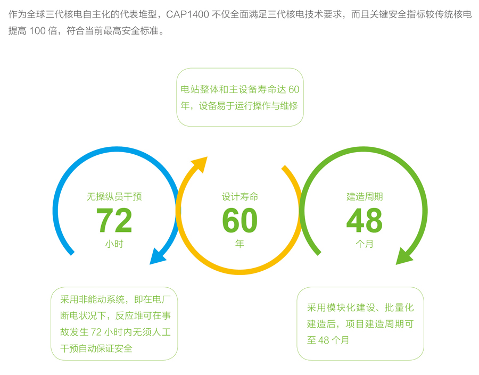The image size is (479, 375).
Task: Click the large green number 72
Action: click(x=114, y=220)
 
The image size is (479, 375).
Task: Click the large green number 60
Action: click(x=240, y=220)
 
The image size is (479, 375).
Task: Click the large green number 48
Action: click(x=365, y=220)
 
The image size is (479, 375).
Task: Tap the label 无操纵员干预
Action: click(x=114, y=197)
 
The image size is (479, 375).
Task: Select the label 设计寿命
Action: click(x=240, y=197)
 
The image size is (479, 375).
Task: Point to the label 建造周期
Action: click(x=365, y=197)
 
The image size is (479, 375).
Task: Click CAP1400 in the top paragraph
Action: click(x=187, y=15)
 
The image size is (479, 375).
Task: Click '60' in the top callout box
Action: click(x=294, y=89)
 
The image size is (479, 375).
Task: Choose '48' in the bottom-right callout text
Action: click(x=324, y=340)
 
